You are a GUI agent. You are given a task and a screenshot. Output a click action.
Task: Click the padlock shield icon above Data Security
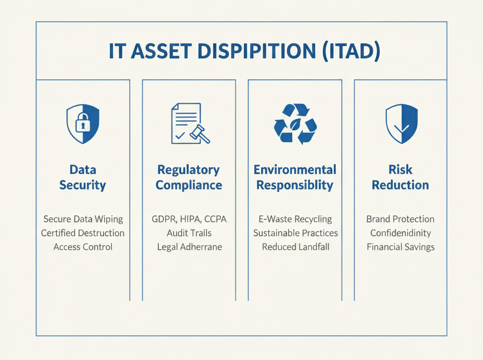[83, 124]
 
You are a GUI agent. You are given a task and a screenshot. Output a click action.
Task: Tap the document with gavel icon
[189, 124]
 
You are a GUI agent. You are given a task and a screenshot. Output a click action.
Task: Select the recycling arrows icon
[295, 124]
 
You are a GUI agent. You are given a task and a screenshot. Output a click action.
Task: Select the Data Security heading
[83, 177]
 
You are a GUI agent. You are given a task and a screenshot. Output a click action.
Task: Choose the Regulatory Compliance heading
[189, 177]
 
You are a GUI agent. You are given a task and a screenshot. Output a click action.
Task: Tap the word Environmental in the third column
[295, 170]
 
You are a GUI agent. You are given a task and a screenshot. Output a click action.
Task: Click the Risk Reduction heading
[400, 177]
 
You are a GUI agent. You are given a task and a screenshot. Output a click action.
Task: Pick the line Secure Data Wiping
[83, 219]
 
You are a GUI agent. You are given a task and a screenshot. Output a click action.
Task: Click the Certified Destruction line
[83, 233]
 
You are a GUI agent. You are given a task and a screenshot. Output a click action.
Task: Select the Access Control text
[83, 247]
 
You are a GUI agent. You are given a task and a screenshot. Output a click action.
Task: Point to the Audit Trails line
[189, 233]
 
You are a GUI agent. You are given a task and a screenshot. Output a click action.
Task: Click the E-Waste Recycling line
[295, 219]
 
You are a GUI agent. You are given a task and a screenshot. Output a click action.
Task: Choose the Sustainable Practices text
[295, 233]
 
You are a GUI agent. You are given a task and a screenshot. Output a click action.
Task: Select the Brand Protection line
[400, 219]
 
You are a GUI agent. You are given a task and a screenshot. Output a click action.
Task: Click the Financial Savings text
[400, 247]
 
